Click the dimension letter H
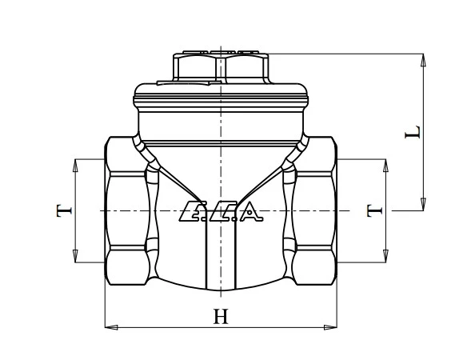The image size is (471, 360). coord(221,316)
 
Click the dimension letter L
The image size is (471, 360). coord(413,132)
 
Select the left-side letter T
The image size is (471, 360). coord(64,210)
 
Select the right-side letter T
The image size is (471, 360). coord(374,210)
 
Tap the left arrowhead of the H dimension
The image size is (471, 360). coord(111,327)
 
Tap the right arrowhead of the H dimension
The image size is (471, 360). coord(330,327)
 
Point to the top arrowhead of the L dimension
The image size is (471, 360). coord(423,60)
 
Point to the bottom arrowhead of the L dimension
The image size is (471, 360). coord(423,204)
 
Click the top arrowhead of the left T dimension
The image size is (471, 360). coord(75,166)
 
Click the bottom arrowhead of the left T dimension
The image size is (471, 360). coord(75,256)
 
